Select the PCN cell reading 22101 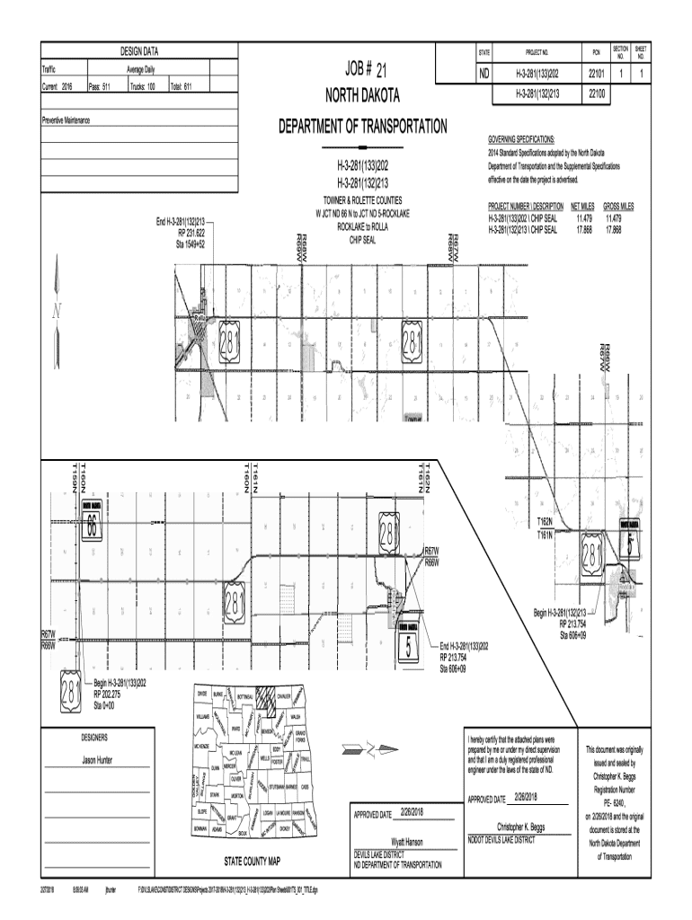(595, 75)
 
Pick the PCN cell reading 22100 (595, 93)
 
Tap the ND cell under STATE (484, 75)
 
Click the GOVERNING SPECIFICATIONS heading (521, 140)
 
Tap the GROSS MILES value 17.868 (615, 230)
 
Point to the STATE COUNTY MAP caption (253, 860)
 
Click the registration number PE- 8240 (619, 803)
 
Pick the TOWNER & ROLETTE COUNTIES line (363, 199)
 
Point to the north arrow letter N (56, 312)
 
